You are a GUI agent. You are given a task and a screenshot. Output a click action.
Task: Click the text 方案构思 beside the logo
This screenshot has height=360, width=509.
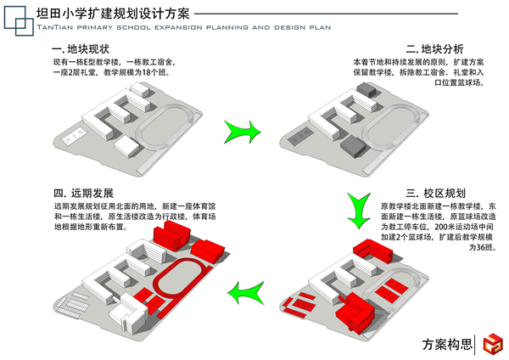point(446,345)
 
